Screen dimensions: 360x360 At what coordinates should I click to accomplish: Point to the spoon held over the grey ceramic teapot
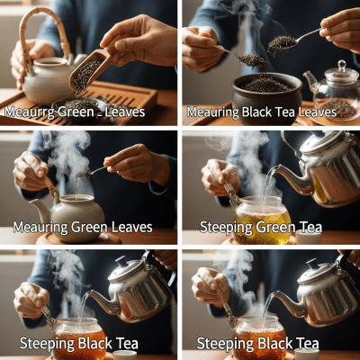tap(94, 171)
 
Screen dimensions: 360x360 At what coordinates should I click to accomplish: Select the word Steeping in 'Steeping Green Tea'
tap(225, 226)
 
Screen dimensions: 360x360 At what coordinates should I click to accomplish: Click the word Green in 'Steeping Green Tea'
tap(280, 226)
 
